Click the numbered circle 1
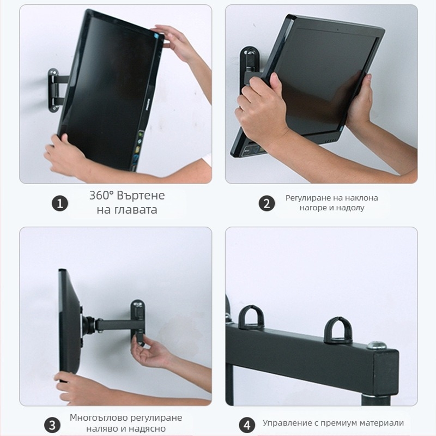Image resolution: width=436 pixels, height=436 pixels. [x=60, y=203]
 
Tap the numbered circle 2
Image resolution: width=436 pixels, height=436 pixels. [x=267, y=203]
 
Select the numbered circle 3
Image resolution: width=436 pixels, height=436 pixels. [x=52, y=426]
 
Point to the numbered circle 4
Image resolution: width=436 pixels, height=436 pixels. [x=247, y=425]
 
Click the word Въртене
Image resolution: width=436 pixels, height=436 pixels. [x=141, y=196]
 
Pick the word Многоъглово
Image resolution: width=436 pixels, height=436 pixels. [x=99, y=418]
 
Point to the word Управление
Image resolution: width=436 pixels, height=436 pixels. [x=288, y=423]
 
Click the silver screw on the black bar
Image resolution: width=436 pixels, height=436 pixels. [x=377, y=346]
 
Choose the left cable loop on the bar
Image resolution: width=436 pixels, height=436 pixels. [x=251, y=318]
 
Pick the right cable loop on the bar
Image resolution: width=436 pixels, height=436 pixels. [x=338, y=330]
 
